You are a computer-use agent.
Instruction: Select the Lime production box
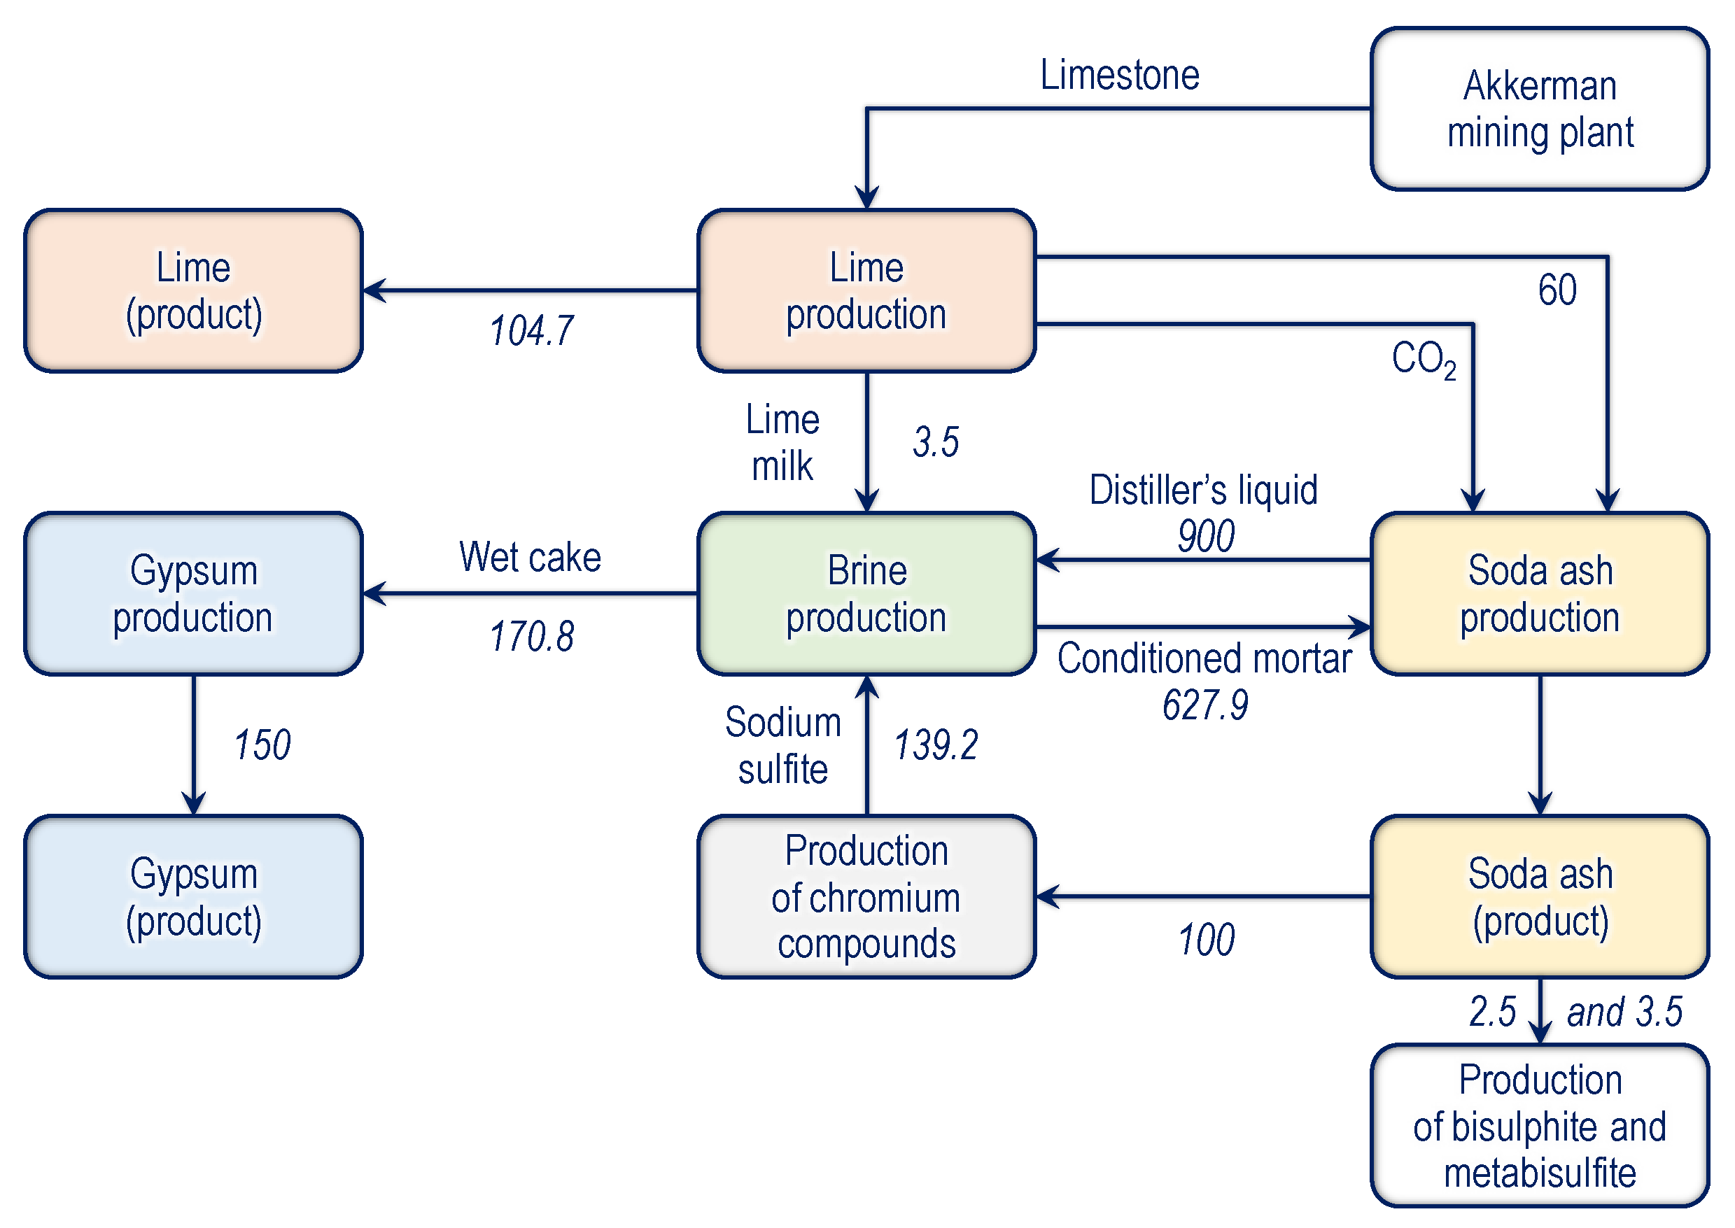pyautogui.click(x=866, y=291)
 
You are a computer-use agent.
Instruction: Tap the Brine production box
pyautogui.click(x=866, y=594)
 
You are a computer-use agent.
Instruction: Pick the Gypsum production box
pyautogui.click(x=193, y=594)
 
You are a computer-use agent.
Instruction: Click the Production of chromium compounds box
pyautogui.click(x=866, y=897)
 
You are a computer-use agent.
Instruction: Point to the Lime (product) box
pyautogui.click(x=193, y=291)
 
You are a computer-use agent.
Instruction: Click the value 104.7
pyautogui.click(x=531, y=331)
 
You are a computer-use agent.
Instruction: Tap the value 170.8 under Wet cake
pyautogui.click(x=531, y=636)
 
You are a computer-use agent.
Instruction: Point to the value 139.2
pyautogui.click(x=936, y=744)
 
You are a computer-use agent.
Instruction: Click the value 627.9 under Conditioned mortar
pyautogui.click(x=1204, y=705)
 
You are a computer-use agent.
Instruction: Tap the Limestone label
pyautogui.click(x=1119, y=75)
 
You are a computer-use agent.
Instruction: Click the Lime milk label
pyautogui.click(x=782, y=442)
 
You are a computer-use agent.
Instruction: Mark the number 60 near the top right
pyautogui.click(x=1557, y=290)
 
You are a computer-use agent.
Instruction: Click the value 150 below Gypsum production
pyautogui.click(x=262, y=744)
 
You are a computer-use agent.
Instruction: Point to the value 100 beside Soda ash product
pyautogui.click(x=1206, y=940)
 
